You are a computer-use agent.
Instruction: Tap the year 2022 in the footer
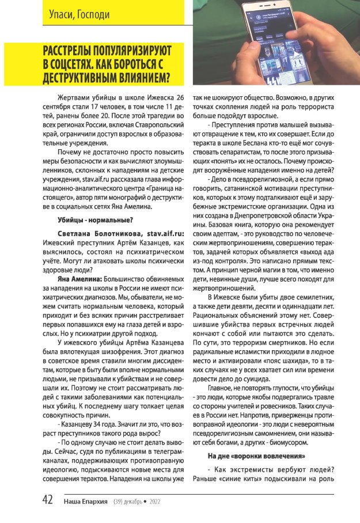tap(155, 502)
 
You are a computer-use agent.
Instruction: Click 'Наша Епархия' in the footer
tap(86, 502)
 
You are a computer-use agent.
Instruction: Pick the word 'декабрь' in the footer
tap(134, 502)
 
